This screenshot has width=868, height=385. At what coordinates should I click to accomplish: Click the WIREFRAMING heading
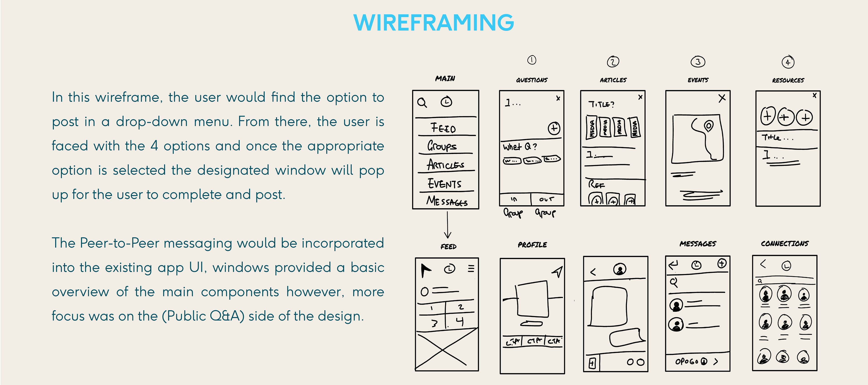(x=434, y=23)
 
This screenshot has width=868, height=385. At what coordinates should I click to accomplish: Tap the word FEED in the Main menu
(x=443, y=128)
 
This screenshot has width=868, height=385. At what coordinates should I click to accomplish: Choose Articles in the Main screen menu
(x=446, y=165)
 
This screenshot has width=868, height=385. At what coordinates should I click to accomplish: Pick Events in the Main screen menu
(x=444, y=184)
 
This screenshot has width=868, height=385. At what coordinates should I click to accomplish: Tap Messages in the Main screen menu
(x=447, y=201)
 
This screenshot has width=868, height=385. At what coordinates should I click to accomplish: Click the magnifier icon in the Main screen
(x=422, y=102)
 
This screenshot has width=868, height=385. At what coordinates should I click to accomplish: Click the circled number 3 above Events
(x=698, y=62)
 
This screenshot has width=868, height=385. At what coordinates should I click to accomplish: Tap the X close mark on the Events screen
(x=722, y=98)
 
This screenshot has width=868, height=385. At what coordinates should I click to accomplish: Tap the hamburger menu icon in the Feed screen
(x=471, y=268)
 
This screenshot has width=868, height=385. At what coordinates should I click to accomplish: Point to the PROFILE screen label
(x=532, y=245)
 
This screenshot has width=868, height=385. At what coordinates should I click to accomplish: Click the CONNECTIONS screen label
(x=784, y=243)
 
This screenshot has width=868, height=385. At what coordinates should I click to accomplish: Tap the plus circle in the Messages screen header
(x=722, y=263)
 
